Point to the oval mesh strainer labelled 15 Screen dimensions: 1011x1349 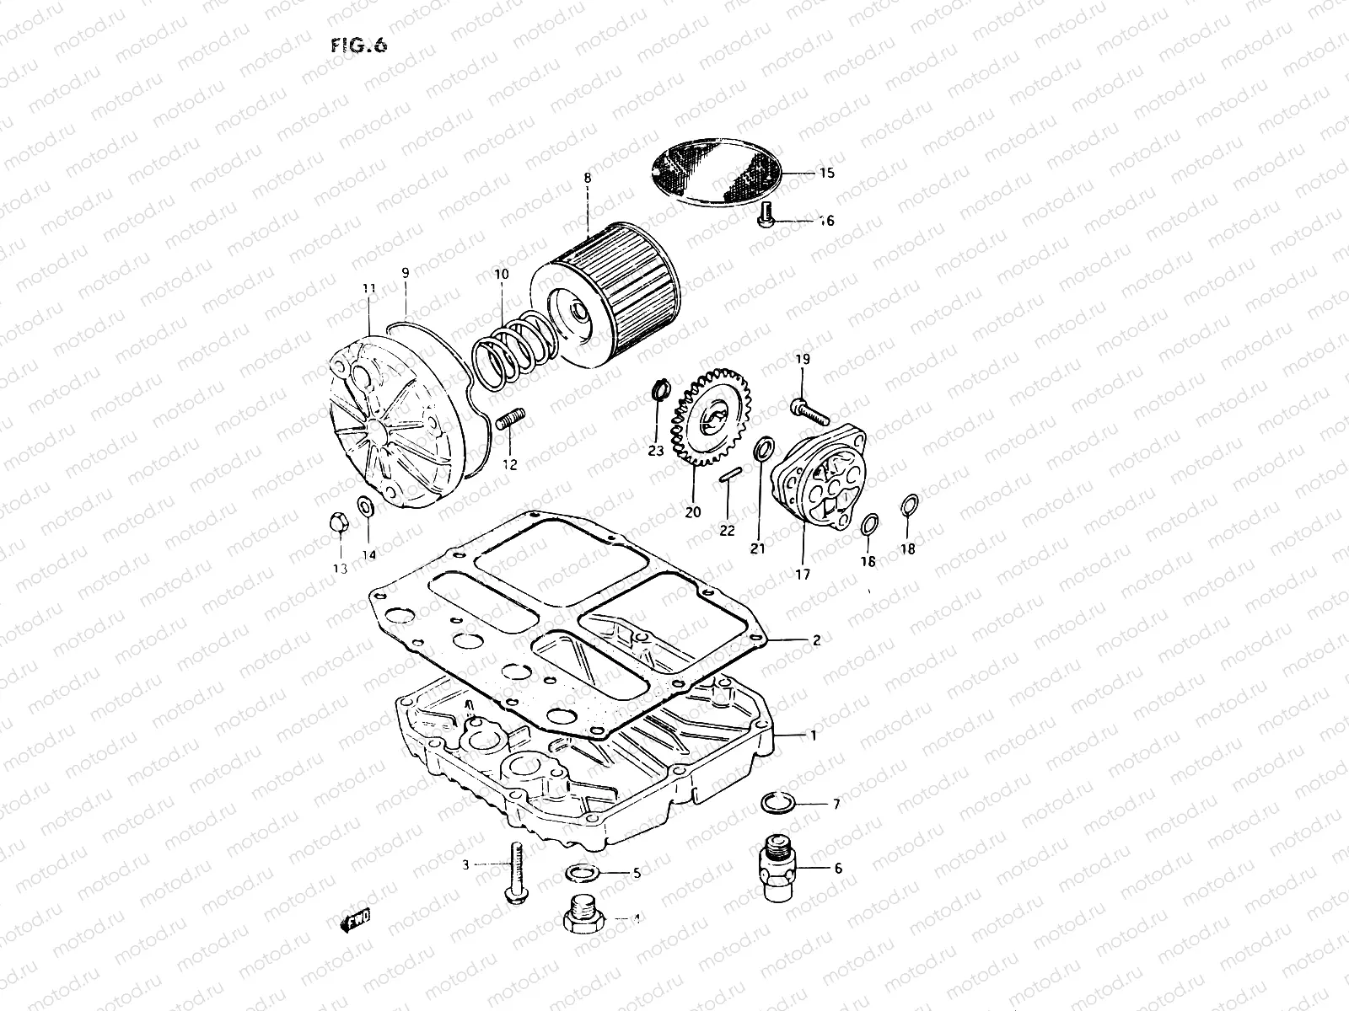coord(728,171)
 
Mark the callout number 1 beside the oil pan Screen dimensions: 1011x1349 coord(813,736)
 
